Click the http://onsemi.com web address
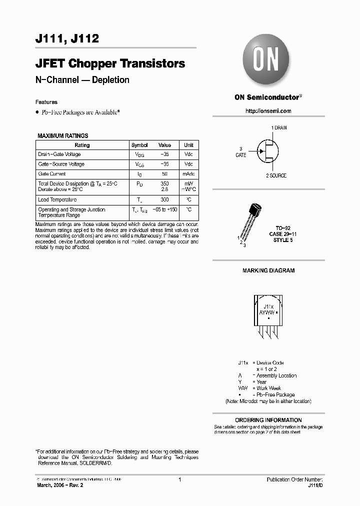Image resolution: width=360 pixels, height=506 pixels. [x=268, y=111]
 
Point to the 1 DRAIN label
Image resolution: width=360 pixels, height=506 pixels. [x=279, y=128]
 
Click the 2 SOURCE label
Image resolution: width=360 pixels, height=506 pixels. [x=276, y=175]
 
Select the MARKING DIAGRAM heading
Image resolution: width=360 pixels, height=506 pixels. [x=268, y=270]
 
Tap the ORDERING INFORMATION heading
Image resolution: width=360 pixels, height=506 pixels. [x=268, y=420]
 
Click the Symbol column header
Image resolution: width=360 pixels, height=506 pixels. [x=139, y=145]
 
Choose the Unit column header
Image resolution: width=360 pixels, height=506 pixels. [x=188, y=145]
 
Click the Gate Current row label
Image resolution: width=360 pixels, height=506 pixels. [x=52, y=174]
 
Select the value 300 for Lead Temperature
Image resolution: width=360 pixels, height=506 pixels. [x=164, y=199]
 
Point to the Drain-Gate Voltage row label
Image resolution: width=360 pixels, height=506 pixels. [x=59, y=154]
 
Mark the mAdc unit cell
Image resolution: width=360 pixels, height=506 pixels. [x=188, y=174]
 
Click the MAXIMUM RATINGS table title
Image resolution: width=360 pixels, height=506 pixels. [x=63, y=136]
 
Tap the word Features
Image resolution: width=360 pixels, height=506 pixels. [x=46, y=102]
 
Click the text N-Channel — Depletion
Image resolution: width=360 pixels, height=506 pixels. [x=82, y=80]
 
